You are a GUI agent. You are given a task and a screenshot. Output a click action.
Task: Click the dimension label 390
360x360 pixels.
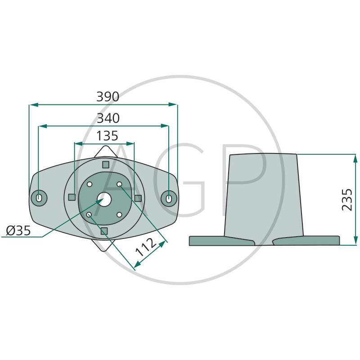point(108,97)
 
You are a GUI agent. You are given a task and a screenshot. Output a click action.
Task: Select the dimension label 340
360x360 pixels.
point(108,118)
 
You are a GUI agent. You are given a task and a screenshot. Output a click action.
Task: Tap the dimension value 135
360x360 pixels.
point(107,136)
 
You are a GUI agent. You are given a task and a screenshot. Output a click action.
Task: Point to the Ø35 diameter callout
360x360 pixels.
point(18,230)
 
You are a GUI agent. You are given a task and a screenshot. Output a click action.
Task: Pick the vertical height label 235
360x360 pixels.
point(347,199)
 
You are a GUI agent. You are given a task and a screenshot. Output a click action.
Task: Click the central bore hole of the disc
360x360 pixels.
point(104,199)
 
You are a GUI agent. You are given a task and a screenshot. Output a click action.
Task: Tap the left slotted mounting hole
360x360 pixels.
point(39,198)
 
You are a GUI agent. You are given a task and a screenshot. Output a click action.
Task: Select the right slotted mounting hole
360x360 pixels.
point(169,198)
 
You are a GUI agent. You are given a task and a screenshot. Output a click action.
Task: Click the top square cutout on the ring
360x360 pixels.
point(106,165)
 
